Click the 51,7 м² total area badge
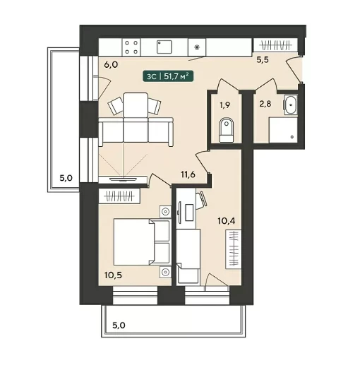pos(168,76)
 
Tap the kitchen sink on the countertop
pos(164,47)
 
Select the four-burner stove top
pos(131,47)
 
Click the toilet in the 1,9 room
pos(226,130)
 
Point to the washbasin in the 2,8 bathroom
pos(291,105)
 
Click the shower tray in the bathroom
pos(283,130)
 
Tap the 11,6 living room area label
pos(188,174)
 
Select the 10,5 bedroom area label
pos(113,275)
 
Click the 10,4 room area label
pos(226,221)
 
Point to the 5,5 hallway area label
pos(263,60)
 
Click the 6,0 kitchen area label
pos(111,64)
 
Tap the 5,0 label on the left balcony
pos(66,178)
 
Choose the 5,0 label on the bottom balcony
pos(119,326)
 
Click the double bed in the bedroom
pos(142,242)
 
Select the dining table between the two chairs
pos(136,105)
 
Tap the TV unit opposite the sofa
pos(123,180)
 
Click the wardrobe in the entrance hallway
pos(275,44)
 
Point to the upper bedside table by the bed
pos(165,212)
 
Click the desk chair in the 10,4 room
pos(201,201)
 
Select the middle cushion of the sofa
pos(136,131)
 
